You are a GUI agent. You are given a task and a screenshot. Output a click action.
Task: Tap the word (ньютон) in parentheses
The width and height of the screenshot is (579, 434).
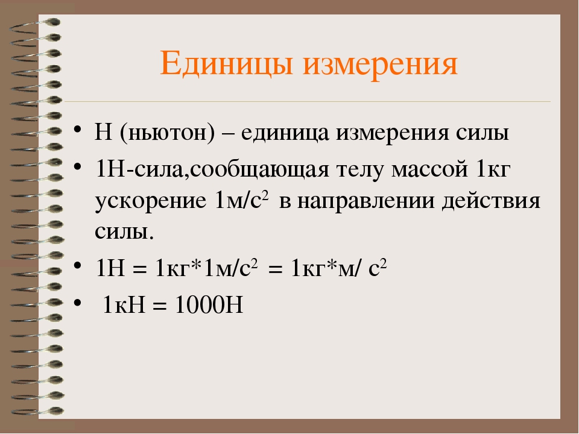[167, 133]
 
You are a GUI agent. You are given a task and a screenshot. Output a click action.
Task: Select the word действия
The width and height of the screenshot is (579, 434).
[491, 202]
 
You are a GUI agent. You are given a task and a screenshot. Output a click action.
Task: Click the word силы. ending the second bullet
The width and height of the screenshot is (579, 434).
[124, 231]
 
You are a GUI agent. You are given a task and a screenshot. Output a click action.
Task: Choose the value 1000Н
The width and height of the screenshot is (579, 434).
[209, 305]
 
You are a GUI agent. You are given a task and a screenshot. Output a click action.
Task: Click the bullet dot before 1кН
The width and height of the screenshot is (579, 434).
[77, 303]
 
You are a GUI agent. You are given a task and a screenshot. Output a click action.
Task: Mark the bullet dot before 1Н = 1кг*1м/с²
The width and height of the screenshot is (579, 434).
[77, 265]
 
